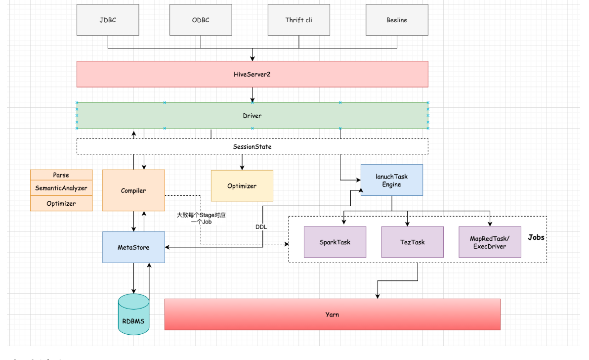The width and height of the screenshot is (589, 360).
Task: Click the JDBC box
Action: pyautogui.click(x=108, y=20)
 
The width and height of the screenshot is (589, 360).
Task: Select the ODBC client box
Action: pyautogui.click(x=201, y=20)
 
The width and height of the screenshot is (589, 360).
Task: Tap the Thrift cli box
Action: pyautogui.click(x=298, y=20)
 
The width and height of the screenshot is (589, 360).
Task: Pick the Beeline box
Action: pyautogui.click(x=397, y=20)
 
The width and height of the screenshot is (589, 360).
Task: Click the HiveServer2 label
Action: pyautogui.click(x=252, y=74)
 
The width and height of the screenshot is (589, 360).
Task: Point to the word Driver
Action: pyautogui.click(x=252, y=116)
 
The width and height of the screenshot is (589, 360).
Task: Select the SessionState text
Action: pyautogui.click(x=252, y=146)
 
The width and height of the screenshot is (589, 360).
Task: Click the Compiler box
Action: pyautogui.click(x=133, y=190)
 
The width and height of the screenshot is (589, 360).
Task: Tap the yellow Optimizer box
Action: pyautogui.click(x=242, y=185)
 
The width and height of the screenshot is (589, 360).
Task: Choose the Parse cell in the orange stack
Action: pyautogui.click(x=61, y=175)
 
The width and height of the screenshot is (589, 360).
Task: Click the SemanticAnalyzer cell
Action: pyautogui.click(x=61, y=188)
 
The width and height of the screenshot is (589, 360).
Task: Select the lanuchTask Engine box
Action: pyautogui.click(x=391, y=180)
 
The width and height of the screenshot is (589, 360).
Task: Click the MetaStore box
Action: pyautogui.click(x=133, y=247)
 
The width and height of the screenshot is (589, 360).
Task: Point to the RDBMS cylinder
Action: pyautogui.click(x=133, y=315)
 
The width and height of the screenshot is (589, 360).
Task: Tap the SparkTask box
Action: pyautogui.click(x=335, y=242)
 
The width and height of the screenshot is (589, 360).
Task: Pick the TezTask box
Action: pyautogui.click(x=413, y=242)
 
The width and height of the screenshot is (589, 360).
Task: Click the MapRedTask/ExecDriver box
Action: pyautogui.click(x=490, y=242)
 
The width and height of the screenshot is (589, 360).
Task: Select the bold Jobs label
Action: pyautogui.click(x=536, y=237)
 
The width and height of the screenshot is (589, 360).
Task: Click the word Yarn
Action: pyautogui.click(x=332, y=315)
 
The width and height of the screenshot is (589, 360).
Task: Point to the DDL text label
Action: pyautogui.click(x=261, y=227)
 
